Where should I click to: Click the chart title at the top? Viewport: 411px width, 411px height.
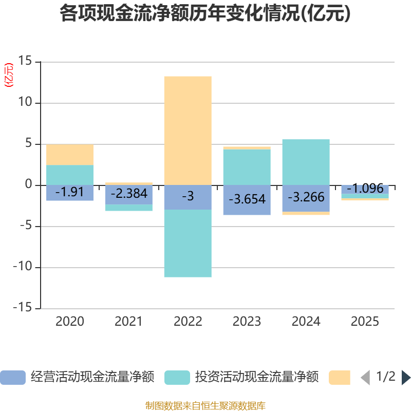(x=206, y=14)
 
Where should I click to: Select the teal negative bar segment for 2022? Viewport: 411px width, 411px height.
(x=188, y=244)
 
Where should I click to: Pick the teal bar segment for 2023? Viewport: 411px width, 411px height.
(x=247, y=167)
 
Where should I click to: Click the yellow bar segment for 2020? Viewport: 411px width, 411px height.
(x=70, y=155)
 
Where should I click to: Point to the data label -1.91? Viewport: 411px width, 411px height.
(x=69, y=192)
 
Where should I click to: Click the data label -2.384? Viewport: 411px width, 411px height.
(x=128, y=194)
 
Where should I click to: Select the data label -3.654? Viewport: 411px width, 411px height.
(x=247, y=199)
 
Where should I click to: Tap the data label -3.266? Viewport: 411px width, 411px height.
(x=306, y=197)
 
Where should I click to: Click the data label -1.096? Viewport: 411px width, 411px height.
(x=365, y=189)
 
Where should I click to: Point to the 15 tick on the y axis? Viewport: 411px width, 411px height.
(x=25, y=61)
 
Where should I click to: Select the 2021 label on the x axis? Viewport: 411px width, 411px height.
(x=128, y=322)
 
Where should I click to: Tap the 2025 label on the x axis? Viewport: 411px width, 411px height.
(x=365, y=322)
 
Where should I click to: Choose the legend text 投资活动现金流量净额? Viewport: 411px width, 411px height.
(x=256, y=378)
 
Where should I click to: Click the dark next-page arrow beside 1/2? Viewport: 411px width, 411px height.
(x=405, y=378)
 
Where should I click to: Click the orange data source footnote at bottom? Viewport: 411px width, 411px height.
(x=206, y=406)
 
